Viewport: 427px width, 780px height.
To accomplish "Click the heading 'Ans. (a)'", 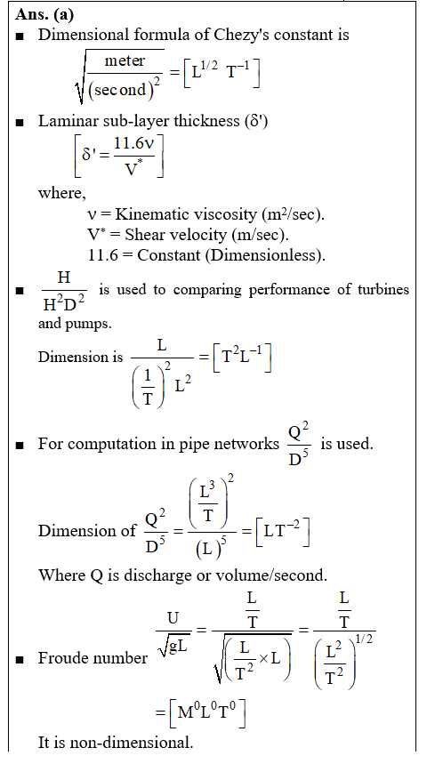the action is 44,14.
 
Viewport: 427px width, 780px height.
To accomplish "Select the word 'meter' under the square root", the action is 125,60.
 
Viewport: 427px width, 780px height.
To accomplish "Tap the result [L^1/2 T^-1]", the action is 222,74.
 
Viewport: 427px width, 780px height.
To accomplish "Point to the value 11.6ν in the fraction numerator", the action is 133,144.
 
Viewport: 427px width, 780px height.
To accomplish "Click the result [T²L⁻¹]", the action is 242,358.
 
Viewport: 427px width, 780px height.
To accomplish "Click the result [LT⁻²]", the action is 283,531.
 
